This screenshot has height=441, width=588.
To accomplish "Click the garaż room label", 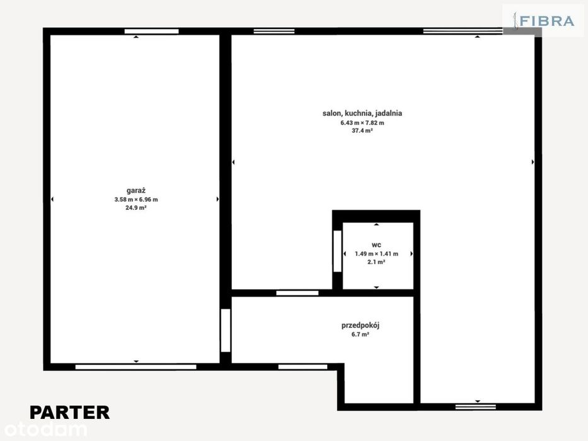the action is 135,191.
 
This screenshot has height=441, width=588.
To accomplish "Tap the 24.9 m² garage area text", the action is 135,208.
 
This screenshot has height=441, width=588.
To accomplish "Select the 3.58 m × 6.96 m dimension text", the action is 136,200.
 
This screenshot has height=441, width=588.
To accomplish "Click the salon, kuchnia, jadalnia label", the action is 362,113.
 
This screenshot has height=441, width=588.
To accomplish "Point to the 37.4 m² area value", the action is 362,131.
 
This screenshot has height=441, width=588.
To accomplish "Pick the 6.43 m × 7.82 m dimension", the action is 362,123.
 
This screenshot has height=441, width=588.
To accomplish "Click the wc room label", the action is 376,245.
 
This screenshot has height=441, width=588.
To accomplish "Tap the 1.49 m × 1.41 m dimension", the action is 376,254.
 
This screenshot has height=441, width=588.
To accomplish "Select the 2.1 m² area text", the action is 376,262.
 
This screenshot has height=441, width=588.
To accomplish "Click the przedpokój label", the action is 360,326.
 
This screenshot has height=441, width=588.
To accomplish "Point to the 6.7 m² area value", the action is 360,335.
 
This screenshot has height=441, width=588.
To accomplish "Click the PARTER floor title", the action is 70,413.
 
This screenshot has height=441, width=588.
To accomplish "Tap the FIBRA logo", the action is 544,21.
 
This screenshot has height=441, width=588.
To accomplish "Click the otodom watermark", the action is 44,430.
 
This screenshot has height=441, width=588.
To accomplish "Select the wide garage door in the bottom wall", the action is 135,367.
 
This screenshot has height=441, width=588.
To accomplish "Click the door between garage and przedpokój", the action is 226,330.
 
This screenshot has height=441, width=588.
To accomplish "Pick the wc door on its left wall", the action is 338,251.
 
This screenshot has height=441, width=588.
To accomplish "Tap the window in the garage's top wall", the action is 151,31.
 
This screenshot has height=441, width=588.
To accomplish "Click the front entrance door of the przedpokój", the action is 303,367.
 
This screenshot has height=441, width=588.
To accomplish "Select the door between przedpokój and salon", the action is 297,293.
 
